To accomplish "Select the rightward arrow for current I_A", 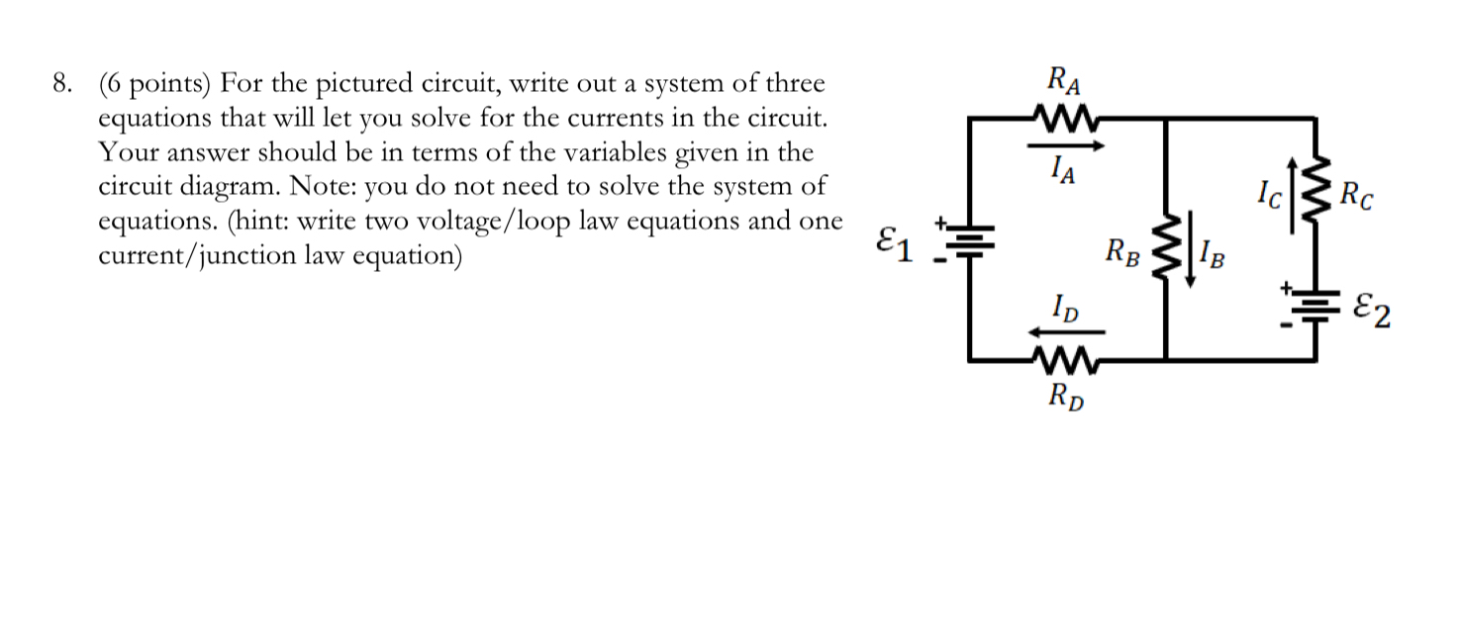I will click(x=1066, y=146).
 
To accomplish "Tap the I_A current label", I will click(x=1065, y=174).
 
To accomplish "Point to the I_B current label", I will click(x=1212, y=259).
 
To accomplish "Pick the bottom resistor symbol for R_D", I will click(x=1067, y=358).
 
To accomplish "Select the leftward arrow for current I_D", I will click(x=1066, y=332).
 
